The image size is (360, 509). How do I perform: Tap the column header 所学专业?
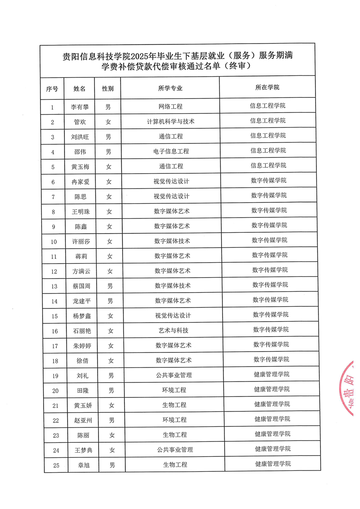(170, 88)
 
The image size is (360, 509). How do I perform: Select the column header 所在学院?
(267, 87)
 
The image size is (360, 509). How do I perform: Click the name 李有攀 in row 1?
(80, 107)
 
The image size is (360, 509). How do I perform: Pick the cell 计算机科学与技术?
(171, 122)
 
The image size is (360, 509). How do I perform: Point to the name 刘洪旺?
(80, 137)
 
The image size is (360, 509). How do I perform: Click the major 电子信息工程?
(171, 152)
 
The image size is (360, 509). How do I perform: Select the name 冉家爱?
(81, 181)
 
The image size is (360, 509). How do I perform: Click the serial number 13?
(54, 286)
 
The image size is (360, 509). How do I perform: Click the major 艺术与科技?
(173, 331)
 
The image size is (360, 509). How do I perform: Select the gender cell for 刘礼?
(110, 375)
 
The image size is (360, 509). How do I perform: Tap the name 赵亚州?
(83, 420)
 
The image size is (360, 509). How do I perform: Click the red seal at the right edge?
(350, 388)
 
